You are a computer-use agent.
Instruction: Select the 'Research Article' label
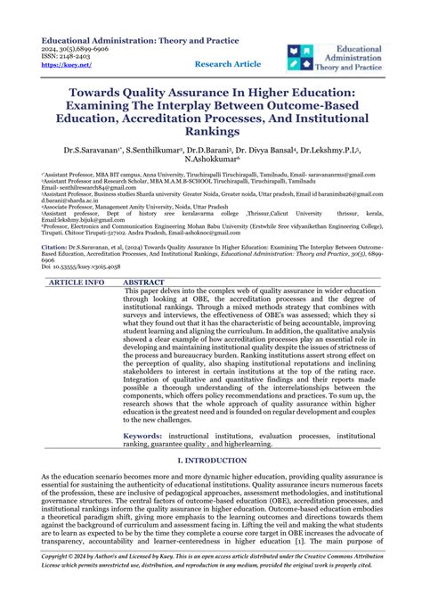point(227,64)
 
